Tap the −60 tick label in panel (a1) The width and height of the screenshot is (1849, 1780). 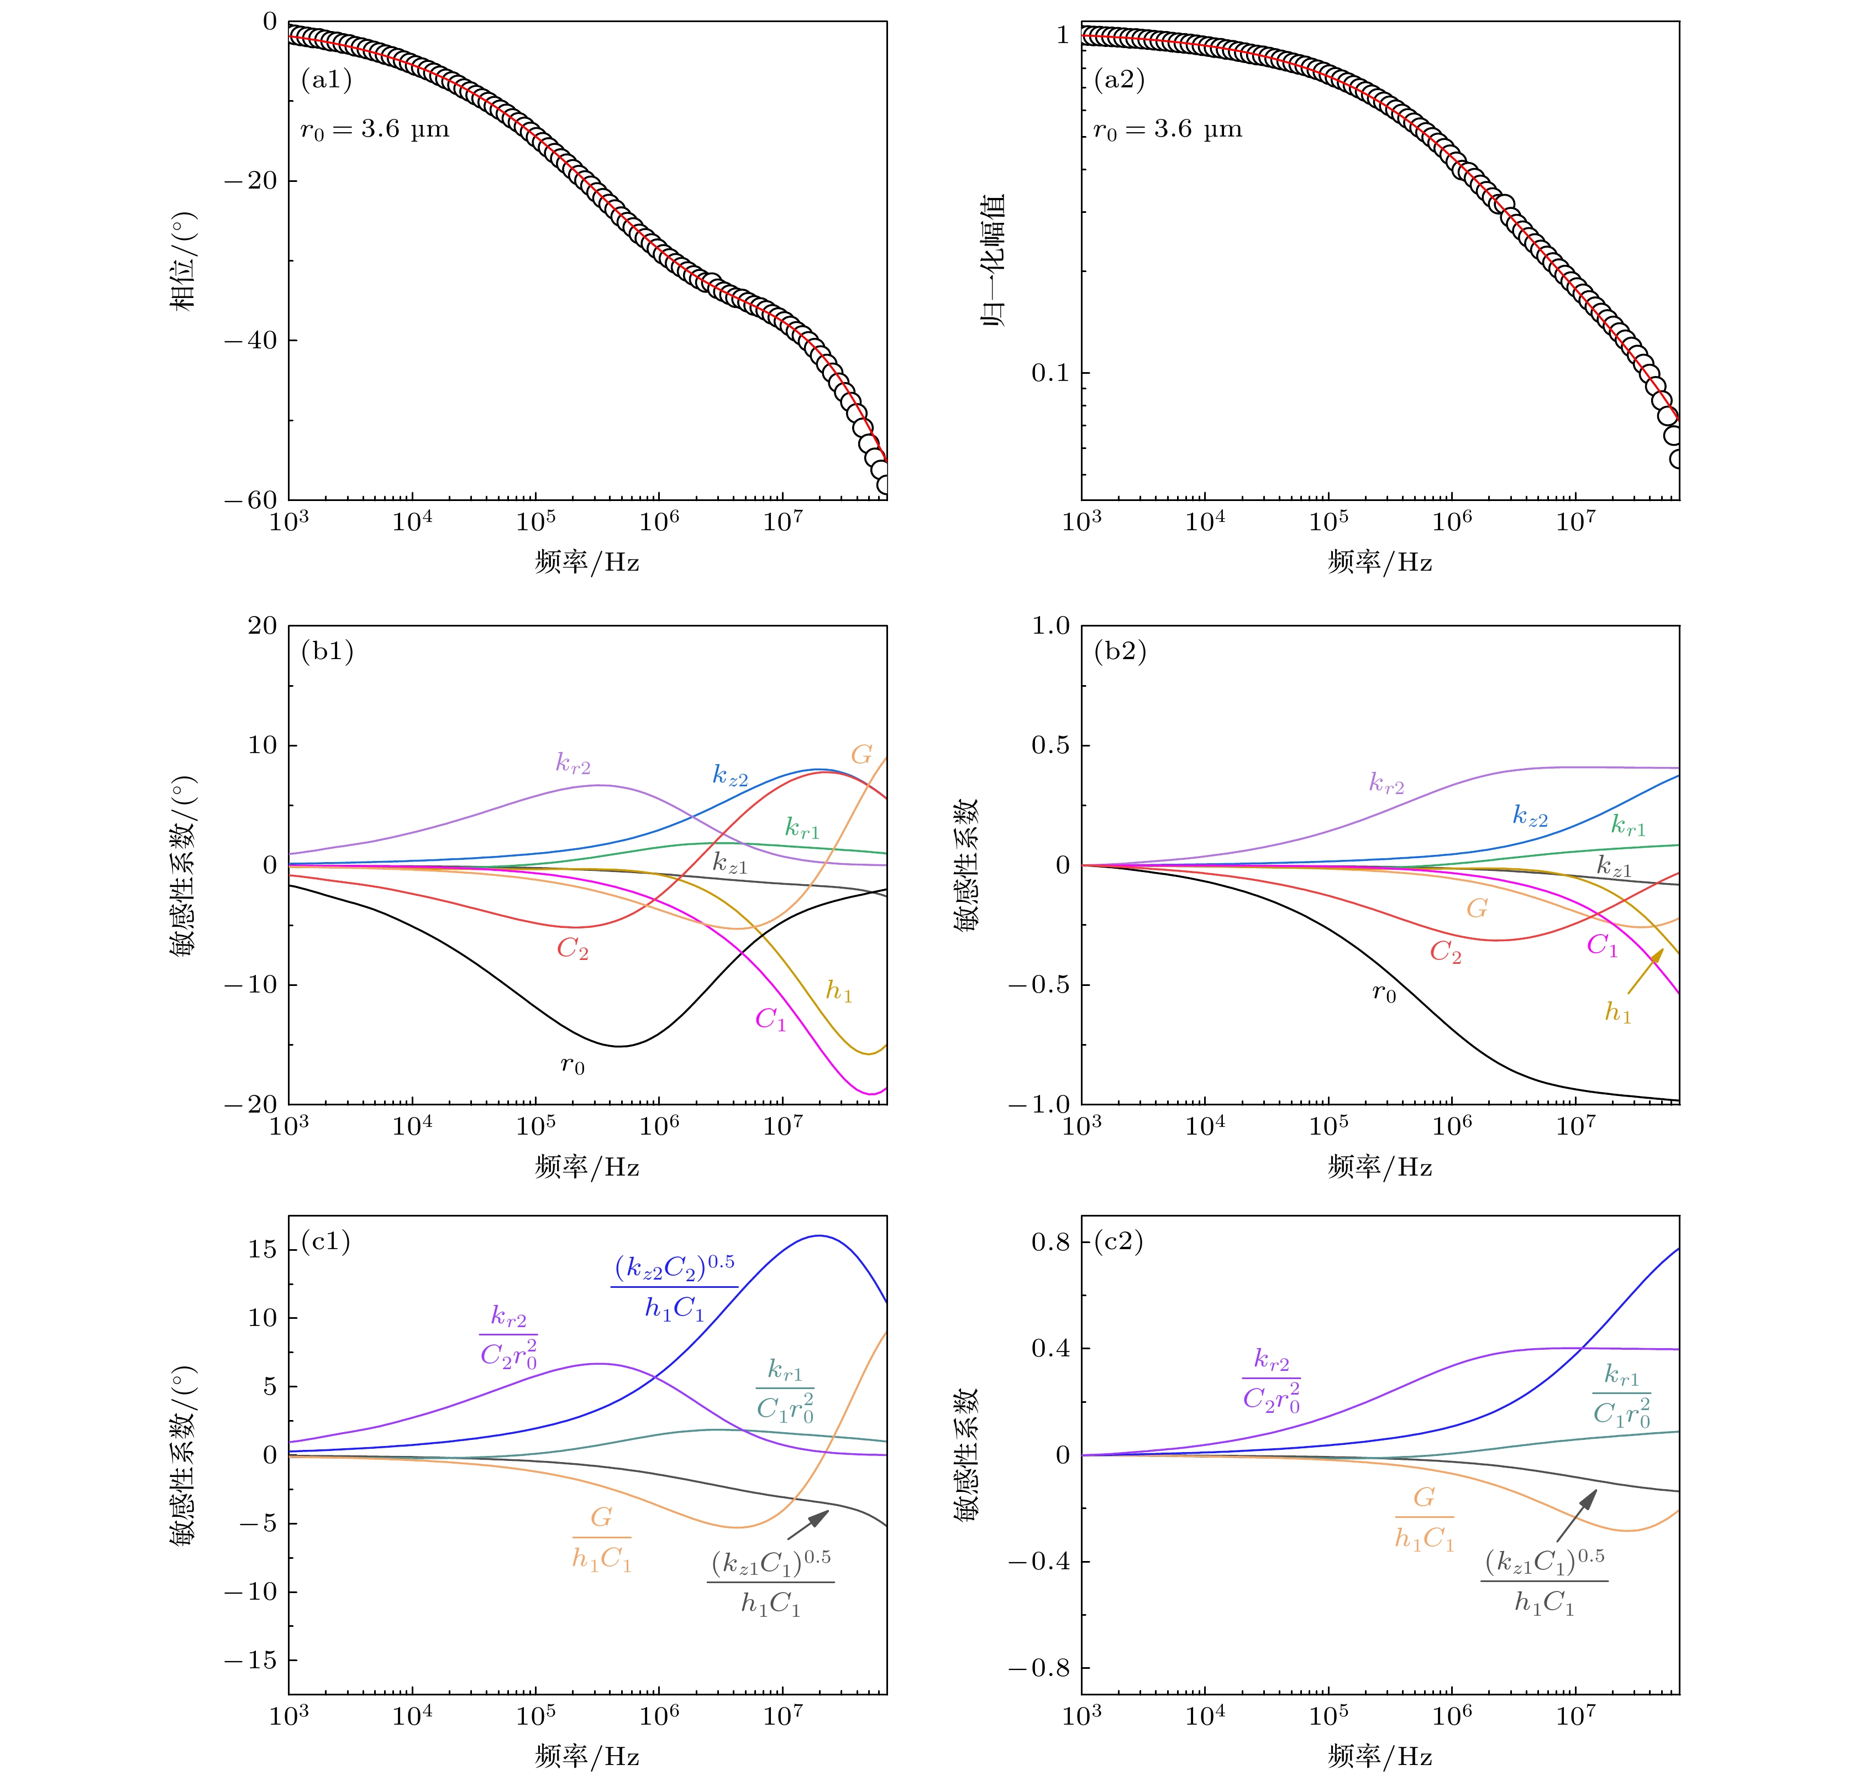point(251,500)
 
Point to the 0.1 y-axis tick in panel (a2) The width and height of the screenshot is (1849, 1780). point(1050,373)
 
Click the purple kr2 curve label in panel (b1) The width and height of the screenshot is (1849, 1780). point(572,764)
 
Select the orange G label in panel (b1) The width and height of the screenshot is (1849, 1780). point(862,754)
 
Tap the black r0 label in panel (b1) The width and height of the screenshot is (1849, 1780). point(572,1066)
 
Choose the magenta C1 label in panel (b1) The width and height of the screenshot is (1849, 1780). point(770,1019)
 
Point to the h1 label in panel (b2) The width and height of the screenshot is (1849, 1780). point(1618,1012)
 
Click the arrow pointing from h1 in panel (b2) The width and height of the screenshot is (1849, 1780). point(1645,972)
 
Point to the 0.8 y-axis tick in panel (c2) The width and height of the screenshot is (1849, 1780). point(1050,1242)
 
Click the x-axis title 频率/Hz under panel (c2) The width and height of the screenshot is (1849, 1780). point(1379,1756)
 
